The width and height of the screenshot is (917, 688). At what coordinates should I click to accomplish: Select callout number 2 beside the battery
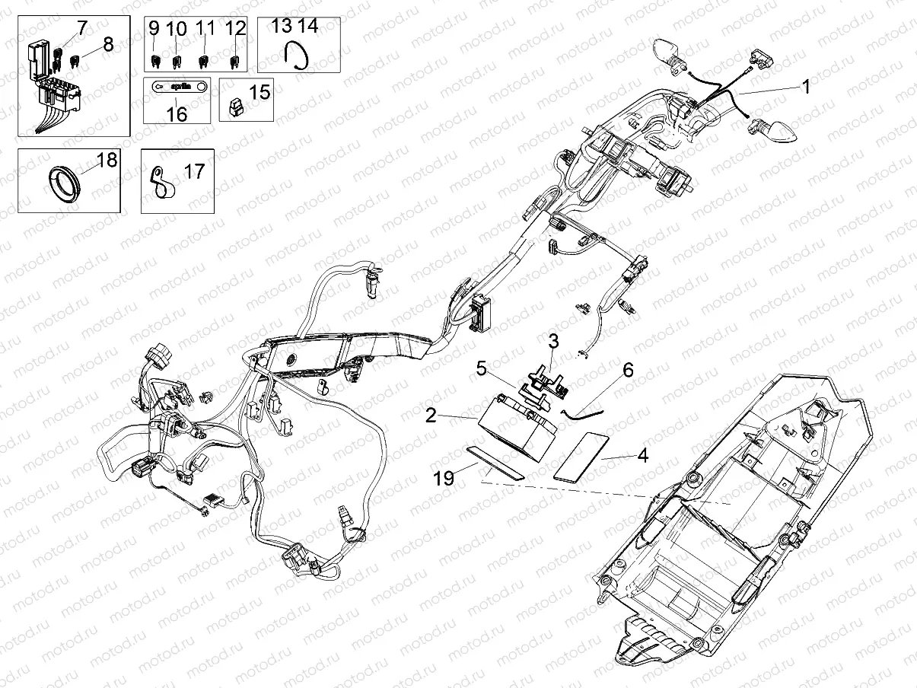pos(431,416)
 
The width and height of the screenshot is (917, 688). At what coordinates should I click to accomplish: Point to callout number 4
pos(642,457)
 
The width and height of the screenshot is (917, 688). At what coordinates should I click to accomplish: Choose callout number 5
pos(481,368)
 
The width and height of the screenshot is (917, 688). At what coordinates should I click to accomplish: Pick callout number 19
pos(444,478)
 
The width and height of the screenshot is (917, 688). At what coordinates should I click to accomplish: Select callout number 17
pos(195,171)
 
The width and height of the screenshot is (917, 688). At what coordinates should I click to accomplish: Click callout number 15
pos(259,93)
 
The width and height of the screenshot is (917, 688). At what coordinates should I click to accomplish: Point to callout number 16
pos(177,114)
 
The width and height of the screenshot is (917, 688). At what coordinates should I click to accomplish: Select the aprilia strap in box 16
pos(176,87)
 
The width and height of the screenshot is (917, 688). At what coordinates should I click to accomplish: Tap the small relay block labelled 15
pos(237,107)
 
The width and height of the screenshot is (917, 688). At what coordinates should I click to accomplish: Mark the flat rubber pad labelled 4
pos(579,456)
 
